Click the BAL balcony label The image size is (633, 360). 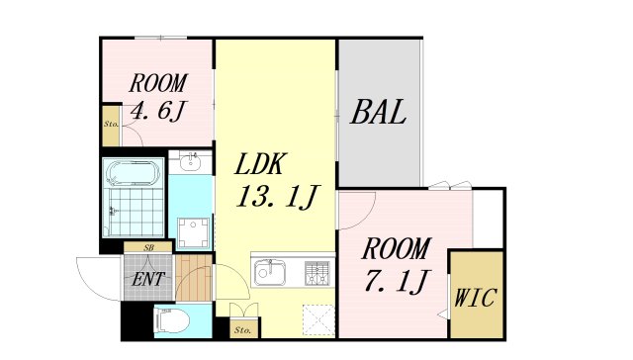coord(379,113)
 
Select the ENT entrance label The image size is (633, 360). coord(148,280)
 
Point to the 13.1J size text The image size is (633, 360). coord(275,198)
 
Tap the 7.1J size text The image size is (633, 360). coord(395,282)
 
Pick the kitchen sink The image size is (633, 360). coord(270,271)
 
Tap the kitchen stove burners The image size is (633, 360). coord(317,270)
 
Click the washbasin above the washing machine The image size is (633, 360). coord(190,164)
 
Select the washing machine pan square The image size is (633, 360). coord(194,229)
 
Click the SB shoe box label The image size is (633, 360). coord(148,247)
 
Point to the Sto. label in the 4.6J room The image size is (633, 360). coord(111,126)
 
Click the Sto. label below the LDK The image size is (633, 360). coord(242,327)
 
